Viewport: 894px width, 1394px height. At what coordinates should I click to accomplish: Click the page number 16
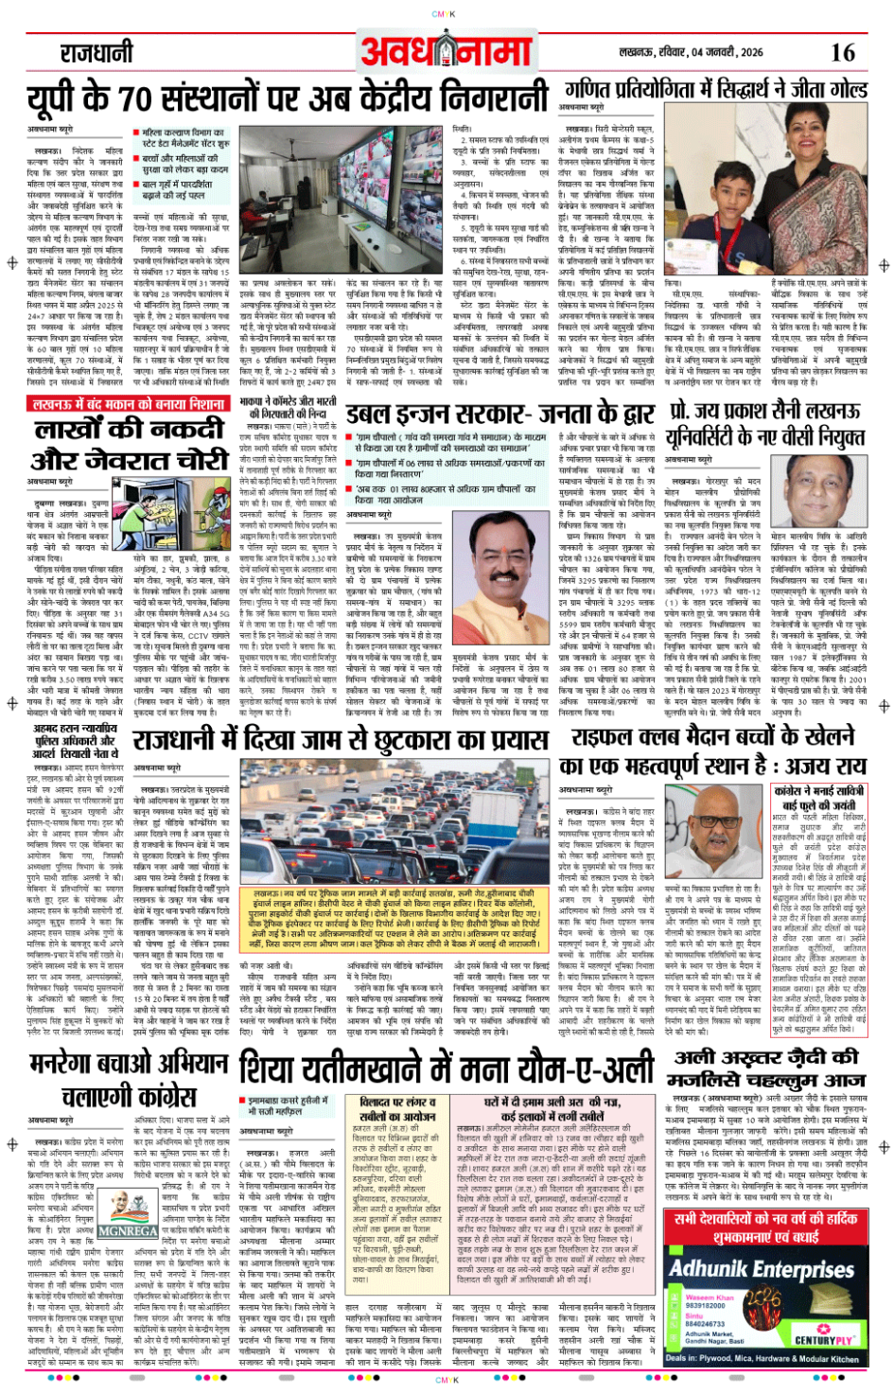point(842,52)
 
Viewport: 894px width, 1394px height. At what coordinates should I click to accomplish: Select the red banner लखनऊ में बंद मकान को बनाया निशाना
point(128,404)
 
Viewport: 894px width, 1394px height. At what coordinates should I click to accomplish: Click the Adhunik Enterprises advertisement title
point(762,1270)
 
